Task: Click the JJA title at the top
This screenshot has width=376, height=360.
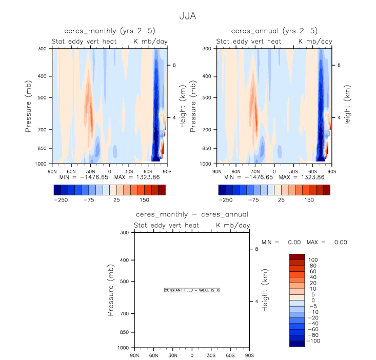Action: point(188,16)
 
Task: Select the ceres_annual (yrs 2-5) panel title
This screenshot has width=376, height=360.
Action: point(274,31)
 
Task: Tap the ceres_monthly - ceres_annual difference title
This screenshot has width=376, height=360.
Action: point(192,214)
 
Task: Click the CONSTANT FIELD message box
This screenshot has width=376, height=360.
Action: point(192,290)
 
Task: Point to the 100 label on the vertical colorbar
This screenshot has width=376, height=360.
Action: point(313,260)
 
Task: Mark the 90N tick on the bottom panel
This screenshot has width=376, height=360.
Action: point(134,355)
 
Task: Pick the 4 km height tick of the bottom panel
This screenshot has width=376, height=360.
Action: point(256,302)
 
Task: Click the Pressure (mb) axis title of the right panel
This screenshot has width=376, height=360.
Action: point(193,106)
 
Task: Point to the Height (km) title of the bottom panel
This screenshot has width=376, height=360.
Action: point(266,290)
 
